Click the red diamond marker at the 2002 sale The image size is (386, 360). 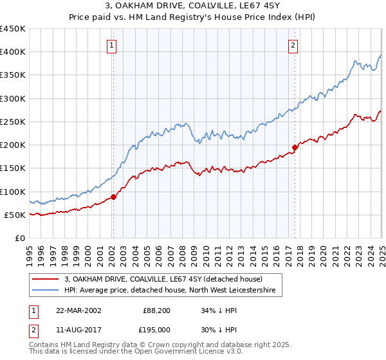[113, 197]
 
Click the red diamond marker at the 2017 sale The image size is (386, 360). [295, 148]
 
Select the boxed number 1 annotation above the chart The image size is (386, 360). [113, 45]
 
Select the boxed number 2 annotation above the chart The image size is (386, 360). [293, 45]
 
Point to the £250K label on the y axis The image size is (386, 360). [13, 122]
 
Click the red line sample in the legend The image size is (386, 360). [46, 279]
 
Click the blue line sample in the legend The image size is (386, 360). [46, 291]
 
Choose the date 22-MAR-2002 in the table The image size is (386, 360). [78, 310]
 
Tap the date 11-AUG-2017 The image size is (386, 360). [78, 330]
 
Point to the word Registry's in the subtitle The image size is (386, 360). [230, 18]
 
